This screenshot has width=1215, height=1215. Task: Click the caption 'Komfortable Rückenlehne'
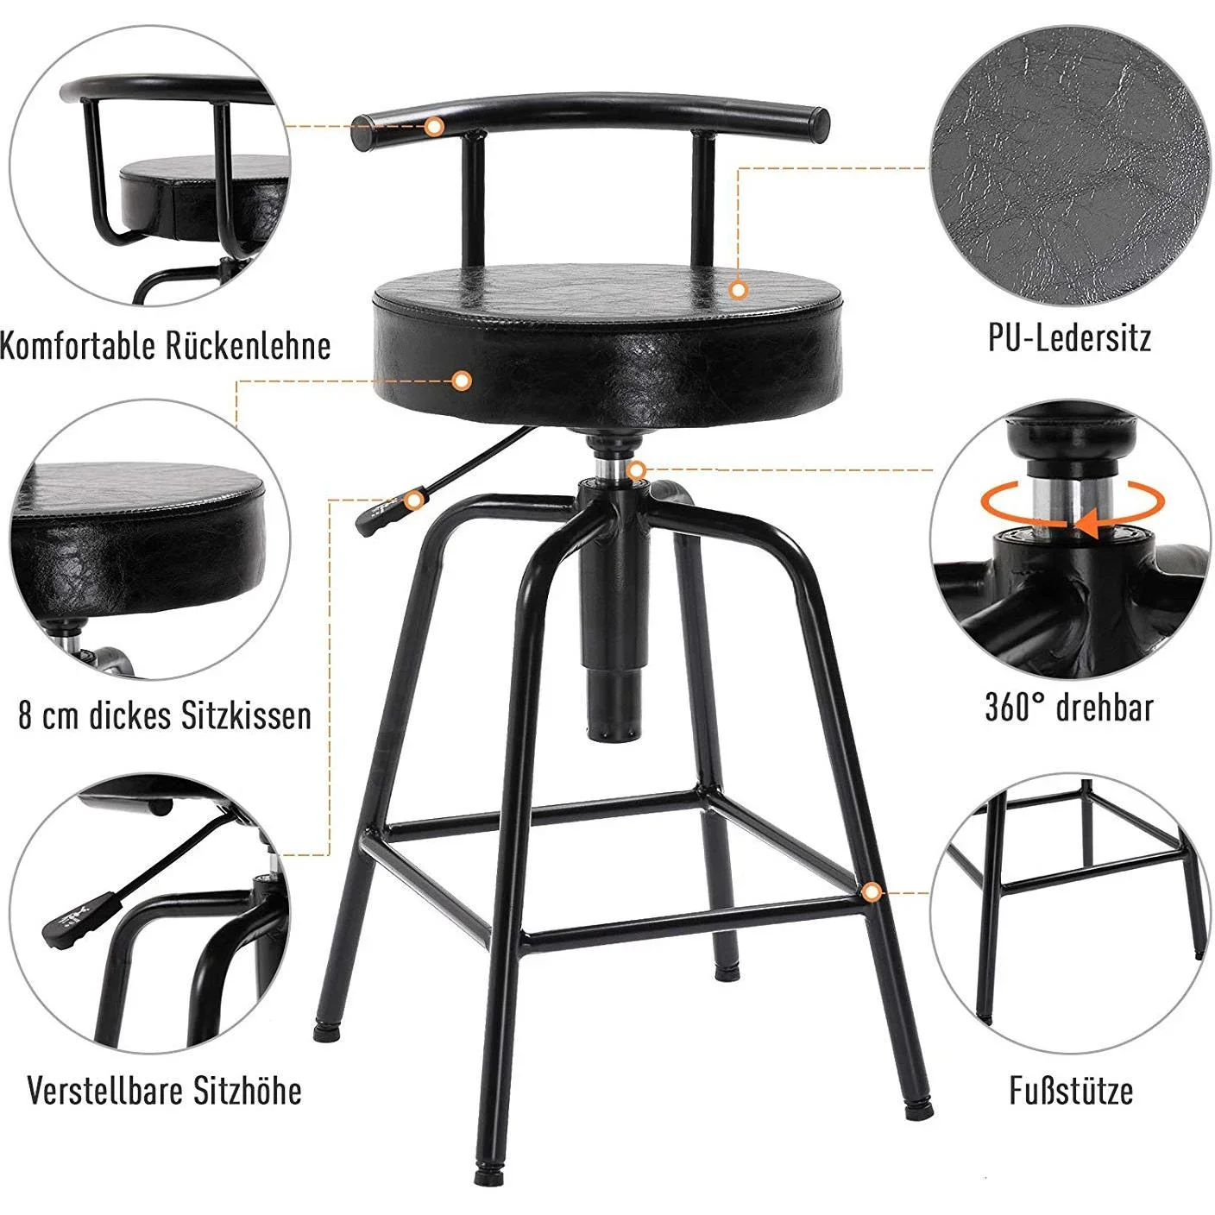pos(164,345)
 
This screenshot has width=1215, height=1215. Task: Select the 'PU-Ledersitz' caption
pos(1069,337)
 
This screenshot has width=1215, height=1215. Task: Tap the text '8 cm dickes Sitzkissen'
pos(164,715)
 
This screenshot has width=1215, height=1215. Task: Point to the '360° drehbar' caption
pos(1069,708)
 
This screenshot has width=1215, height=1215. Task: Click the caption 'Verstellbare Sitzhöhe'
pos(164,1090)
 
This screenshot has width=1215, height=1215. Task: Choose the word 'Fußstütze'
pos(1071,1090)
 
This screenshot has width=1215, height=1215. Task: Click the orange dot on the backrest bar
pos(435,127)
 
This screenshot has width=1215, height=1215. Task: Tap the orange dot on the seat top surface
pos(738,290)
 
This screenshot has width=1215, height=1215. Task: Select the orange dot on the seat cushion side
pos(462,380)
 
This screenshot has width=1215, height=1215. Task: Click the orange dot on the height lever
pos(415,500)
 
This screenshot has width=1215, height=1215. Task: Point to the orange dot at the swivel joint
pos(637,470)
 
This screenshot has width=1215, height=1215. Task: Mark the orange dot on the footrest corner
pos(872,891)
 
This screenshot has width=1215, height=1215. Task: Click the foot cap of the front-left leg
pos(481,1175)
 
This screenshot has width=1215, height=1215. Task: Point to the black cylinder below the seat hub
pos(614,656)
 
